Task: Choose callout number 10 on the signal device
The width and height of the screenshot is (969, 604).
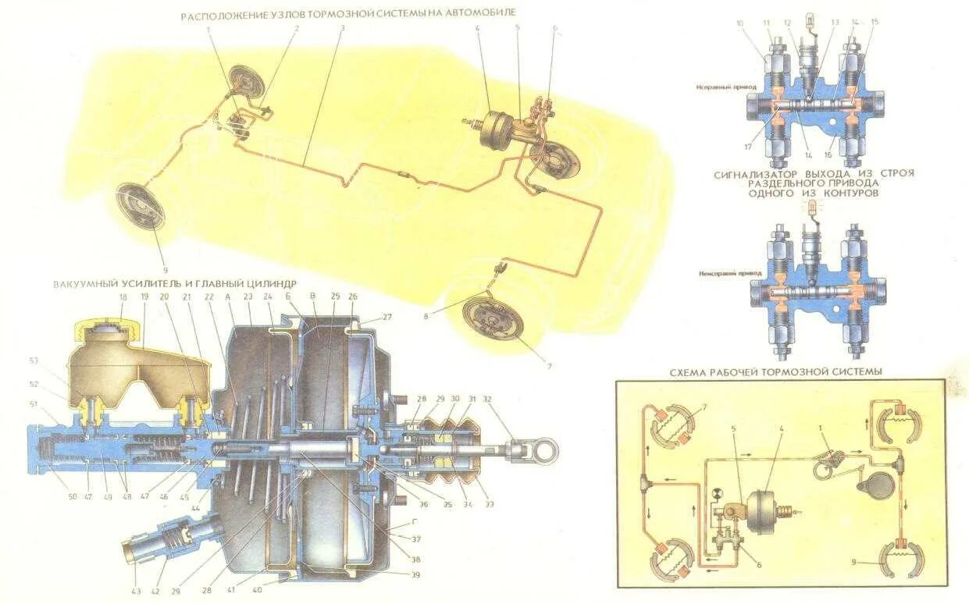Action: click(739, 23)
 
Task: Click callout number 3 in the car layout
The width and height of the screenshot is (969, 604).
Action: click(342, 28)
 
